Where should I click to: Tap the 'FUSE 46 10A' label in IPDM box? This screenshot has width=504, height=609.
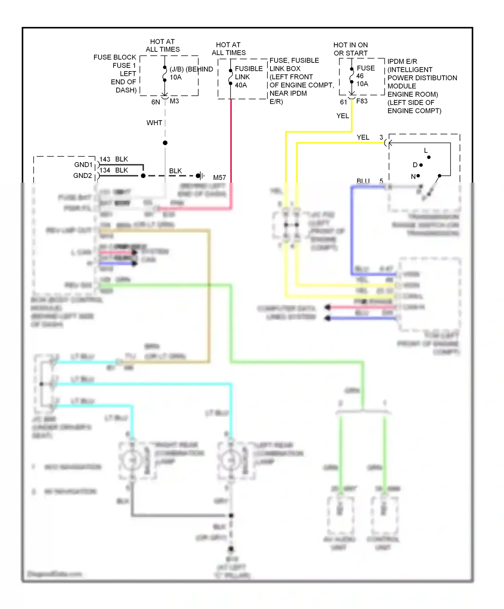[365, 76]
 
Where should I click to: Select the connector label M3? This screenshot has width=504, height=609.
[174, 101]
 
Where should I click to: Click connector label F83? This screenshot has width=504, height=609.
[362, 101]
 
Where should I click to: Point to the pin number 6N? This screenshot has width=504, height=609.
[155, 102]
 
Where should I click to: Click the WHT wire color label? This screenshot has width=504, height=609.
[154, 123]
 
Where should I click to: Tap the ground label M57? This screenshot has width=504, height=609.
[219, 177]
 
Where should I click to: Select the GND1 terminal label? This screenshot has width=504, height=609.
[83, 165]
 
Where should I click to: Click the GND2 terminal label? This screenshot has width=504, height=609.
[82, 176]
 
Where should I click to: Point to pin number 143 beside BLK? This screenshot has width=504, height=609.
[105, 159]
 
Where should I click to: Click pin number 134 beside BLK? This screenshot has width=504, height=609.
[105, 170]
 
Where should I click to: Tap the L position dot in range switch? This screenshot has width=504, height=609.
[429, 157]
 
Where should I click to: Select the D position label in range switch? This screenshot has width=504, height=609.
[415, 165]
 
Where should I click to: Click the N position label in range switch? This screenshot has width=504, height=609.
[413, 176]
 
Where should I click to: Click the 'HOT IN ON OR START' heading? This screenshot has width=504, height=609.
[350, 49]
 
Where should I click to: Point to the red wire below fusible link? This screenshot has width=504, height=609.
[231, 141]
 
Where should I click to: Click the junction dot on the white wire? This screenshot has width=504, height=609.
[165, 143]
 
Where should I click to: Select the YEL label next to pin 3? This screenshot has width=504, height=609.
[363, 137]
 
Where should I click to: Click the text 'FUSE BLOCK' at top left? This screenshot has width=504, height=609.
[115, 57]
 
